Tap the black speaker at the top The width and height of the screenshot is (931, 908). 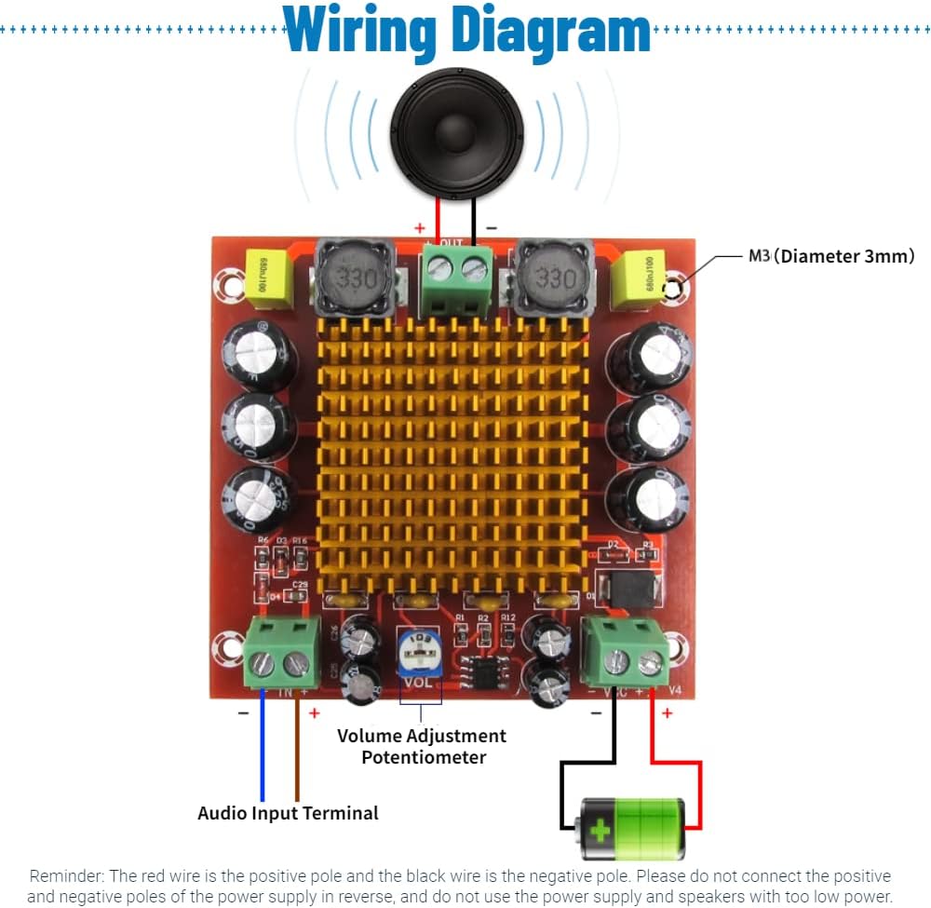point(456,136)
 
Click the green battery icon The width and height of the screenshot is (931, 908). point(630,828)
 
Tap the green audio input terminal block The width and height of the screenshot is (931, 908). point(279,654)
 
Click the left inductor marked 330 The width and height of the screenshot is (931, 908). point(351,277)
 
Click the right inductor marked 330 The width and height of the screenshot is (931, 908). point(556,277)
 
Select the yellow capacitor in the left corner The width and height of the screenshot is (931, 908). point(267,278)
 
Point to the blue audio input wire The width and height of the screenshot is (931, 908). point(263,745)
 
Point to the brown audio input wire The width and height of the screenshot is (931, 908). point(297,745)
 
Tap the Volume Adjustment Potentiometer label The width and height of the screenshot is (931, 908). point(422,746)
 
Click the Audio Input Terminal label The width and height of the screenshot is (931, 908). point(288,813)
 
